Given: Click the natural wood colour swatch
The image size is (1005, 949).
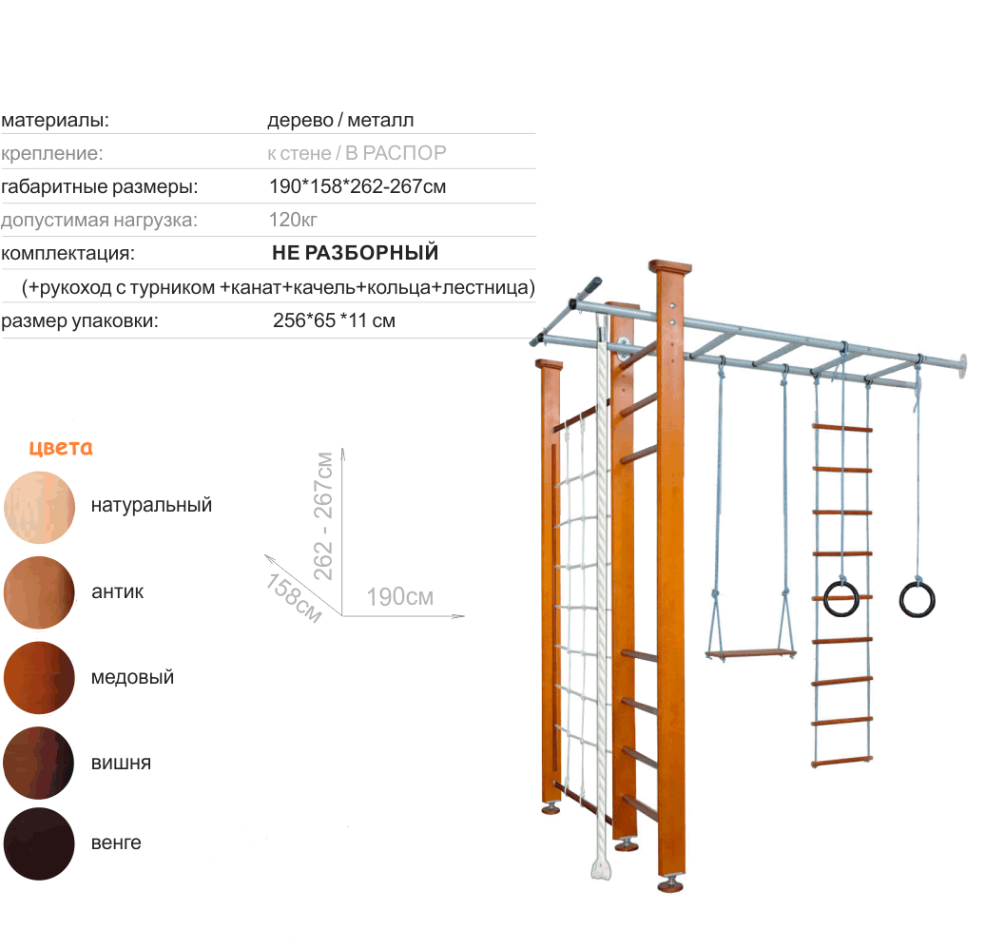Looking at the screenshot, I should [39, 507].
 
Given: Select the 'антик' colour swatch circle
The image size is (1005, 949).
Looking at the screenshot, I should [39, 592].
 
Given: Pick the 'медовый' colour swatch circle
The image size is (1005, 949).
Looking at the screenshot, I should [39, 678].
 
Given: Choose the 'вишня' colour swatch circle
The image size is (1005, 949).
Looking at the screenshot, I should [39, 763].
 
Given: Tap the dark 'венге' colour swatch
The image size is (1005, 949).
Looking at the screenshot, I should [39, 843].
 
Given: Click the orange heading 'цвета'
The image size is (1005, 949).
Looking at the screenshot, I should [61, 448].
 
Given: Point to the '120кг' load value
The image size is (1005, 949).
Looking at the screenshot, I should [293, 221].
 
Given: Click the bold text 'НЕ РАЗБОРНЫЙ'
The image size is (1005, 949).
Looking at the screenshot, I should [355, 254].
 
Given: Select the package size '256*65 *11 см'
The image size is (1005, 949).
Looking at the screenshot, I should [334, 321].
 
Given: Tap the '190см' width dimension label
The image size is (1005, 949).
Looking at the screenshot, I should [400, 597].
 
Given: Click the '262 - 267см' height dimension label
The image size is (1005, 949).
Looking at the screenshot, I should [324, 515].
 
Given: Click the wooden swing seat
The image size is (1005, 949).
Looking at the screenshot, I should [750, 654].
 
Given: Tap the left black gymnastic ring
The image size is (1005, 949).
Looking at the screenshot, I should [841, 598].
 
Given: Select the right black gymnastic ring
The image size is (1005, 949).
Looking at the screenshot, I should [918, 598].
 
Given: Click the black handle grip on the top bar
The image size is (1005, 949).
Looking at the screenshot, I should [587, 286].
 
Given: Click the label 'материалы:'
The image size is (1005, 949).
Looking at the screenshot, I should [55, 121].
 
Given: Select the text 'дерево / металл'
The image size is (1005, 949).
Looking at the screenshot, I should [340, 121].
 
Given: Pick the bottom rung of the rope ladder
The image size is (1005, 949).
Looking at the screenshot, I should [841, 762].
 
